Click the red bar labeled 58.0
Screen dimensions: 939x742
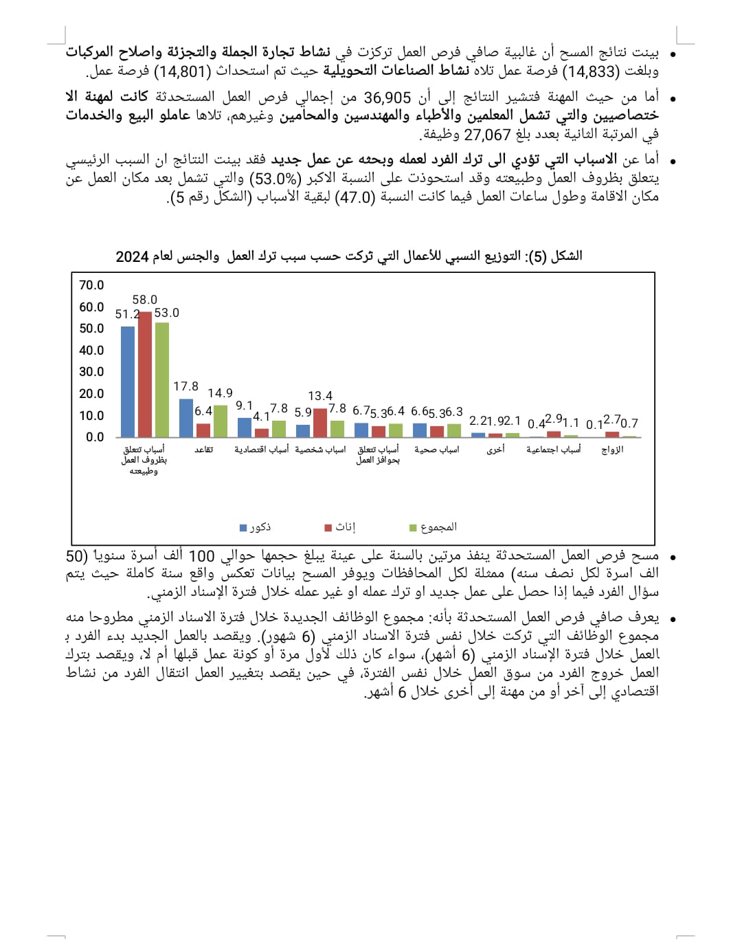click(145, 375)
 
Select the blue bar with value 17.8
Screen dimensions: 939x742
click(185, 418)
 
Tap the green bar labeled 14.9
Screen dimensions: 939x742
click(220, 421)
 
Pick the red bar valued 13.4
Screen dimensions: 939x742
click(320, 423)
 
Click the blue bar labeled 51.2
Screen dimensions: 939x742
click(128, 382)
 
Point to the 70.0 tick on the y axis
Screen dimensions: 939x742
click(91, 285)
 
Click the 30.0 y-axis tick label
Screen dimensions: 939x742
click(91, 372)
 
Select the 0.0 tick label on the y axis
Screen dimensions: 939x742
click(95, 437)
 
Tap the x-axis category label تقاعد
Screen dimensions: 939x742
click(203, 450)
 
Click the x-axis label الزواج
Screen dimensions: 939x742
click(612, 450)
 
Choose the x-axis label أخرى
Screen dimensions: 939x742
click(495, 450)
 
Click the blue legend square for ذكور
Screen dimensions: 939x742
click(243, 528)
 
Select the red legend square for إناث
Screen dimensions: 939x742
click(328, 528)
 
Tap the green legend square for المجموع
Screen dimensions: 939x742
click(413, 528)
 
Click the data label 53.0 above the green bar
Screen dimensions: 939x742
click(166, 313)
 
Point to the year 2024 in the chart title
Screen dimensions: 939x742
click(132, 256)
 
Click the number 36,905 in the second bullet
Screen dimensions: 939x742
click(387, 98)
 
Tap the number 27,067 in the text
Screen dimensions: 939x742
click(488, 135)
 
